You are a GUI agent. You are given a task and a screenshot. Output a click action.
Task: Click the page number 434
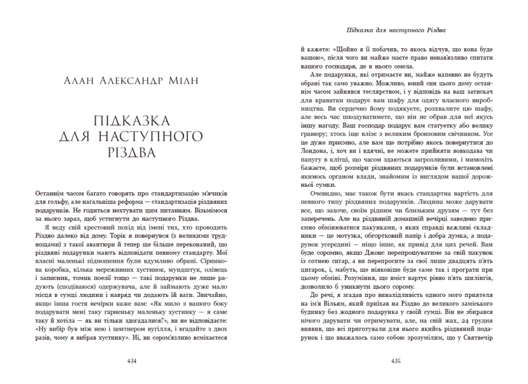click(x=133, y=361)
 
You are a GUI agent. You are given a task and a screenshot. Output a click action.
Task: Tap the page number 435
click(x=395, y=361)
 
